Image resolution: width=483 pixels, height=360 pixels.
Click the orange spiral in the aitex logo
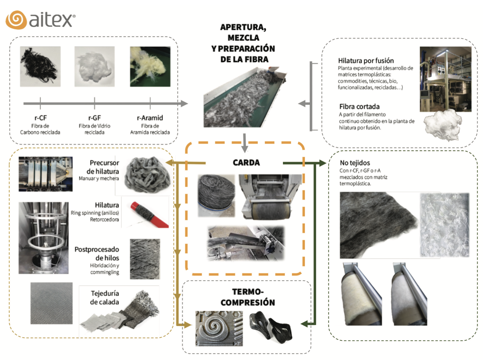pos(16,20)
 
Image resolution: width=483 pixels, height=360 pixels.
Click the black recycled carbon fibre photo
pos(40,67)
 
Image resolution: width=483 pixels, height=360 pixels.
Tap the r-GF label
pos(95,118)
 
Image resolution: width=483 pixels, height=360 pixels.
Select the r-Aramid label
pos(150,118)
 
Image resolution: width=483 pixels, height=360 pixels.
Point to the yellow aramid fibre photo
pos(150,67)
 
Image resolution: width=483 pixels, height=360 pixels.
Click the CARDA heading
pos(246,163)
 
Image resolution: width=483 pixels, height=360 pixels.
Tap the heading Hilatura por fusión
pos(366,60)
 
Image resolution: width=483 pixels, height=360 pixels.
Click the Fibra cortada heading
pos(359,107)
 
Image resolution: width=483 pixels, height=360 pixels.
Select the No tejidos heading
pos(355,163)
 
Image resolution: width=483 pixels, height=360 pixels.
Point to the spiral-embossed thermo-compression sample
pos(219,328)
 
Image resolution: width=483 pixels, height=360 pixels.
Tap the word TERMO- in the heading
pos(248,291)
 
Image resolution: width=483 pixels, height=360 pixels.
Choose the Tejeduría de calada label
pos(105,298)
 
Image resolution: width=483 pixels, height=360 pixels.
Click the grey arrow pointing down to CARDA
pos(244,143)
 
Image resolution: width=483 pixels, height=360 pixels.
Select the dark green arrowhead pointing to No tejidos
pos(323,163)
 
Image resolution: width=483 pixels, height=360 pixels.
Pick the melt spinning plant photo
pos(445,79)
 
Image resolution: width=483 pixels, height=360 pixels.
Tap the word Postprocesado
pos(97,249)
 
